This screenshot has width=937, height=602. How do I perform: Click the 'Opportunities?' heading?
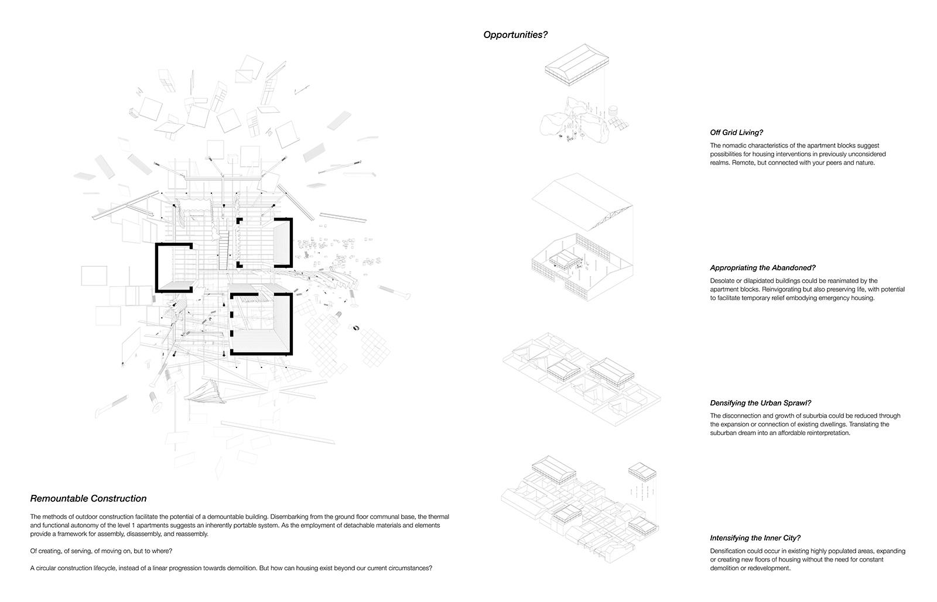pos(515,35)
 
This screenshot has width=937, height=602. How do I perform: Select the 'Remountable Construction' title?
pos(88,498)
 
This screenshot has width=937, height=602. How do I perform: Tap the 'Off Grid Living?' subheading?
pos(736,132)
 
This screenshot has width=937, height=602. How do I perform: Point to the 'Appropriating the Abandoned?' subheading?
pos(762,268)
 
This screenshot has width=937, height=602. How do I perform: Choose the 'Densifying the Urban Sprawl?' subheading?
pos(761,403)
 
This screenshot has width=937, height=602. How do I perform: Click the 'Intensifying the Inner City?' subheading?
pos(755,538)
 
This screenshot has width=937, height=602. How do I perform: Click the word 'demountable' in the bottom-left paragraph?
pos(225,517)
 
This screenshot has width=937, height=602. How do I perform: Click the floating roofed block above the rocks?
pos(577,65)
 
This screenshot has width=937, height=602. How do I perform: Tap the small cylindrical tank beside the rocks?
pos(613,111)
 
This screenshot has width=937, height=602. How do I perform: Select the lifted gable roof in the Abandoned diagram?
pos(582,202)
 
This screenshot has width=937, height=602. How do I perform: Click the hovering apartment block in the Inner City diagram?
pos(642,471)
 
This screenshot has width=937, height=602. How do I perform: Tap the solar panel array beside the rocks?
pos(618,123)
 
